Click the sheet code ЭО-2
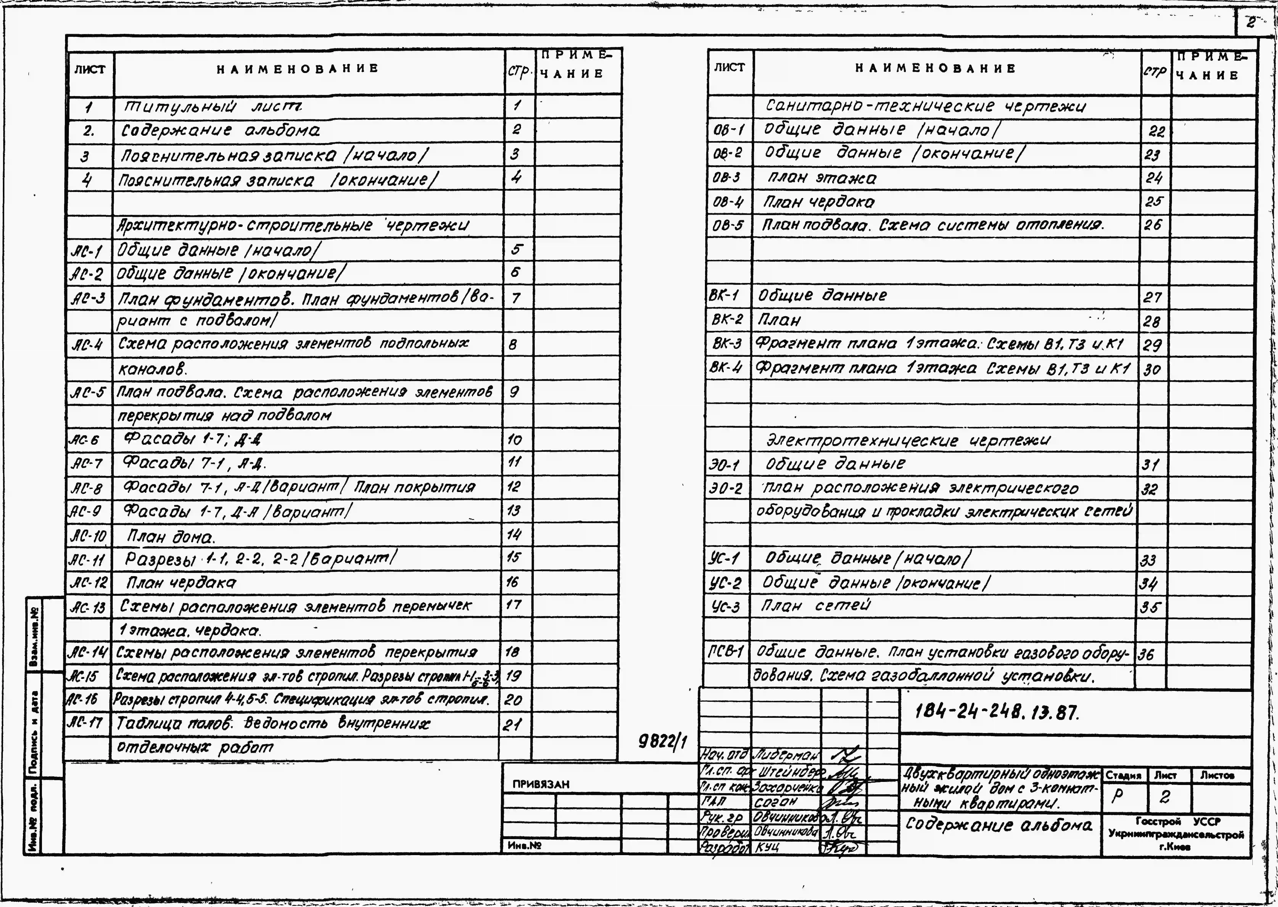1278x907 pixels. pos(726,489)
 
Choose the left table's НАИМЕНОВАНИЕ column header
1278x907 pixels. pos(298,69)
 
